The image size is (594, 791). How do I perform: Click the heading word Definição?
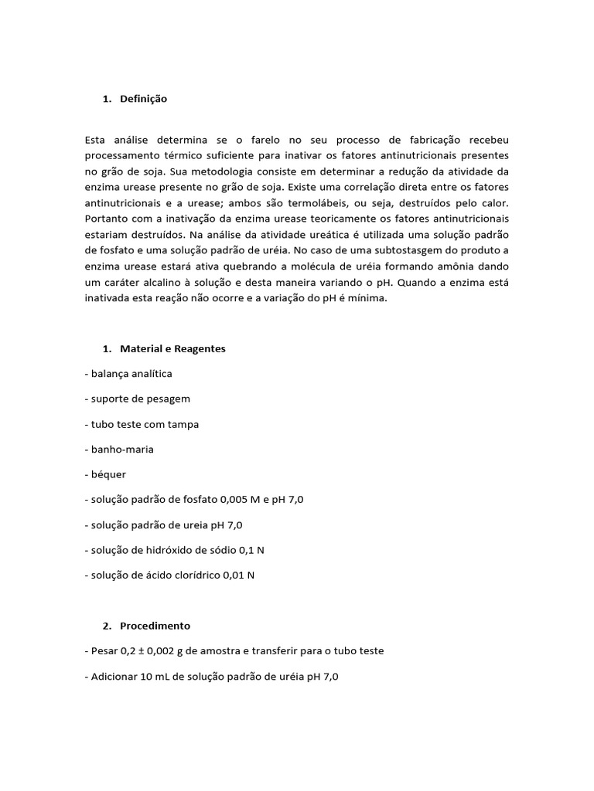point(143,99)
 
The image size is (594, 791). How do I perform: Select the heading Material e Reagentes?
point(172,348)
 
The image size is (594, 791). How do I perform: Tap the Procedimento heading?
point(155,626)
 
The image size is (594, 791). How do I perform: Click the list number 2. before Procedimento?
point(108,626)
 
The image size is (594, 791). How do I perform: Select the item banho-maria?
point(117,450)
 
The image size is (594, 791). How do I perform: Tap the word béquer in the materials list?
point(108,475)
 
